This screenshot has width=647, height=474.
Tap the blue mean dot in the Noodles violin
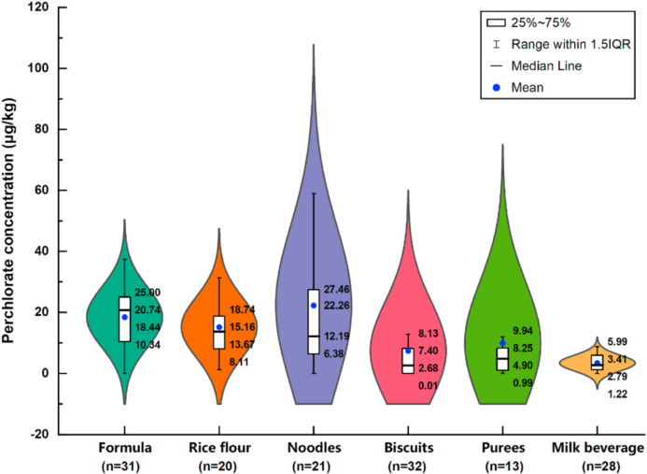click(x=314, y=305)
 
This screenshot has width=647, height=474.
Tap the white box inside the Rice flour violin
click(x=219, y=332)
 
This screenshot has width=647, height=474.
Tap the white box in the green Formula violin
click(x=124, y=319)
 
